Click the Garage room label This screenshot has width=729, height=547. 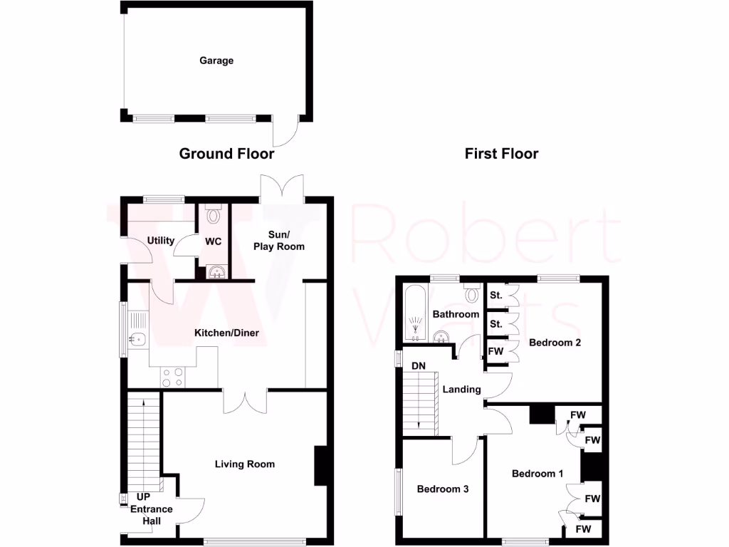click(216, 61)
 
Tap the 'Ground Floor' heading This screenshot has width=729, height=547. click(226, 153)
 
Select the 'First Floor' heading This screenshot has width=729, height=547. click(501, 153)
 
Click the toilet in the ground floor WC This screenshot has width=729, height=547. click(214, 213)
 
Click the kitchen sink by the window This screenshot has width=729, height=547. click(137, 340)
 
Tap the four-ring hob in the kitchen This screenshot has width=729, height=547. click(172, 377)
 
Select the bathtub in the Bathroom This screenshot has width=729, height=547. click(414, 313)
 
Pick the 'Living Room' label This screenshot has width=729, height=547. click(245, 464)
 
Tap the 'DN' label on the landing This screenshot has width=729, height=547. click(419, 367)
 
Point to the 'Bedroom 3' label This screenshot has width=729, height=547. click(443, 489)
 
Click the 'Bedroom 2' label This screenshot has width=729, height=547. click(555, 343)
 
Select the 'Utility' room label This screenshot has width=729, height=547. click(161, 241)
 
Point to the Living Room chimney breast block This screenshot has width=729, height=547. click(320, 467)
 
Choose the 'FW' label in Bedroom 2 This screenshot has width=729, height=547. click(495, 351)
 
